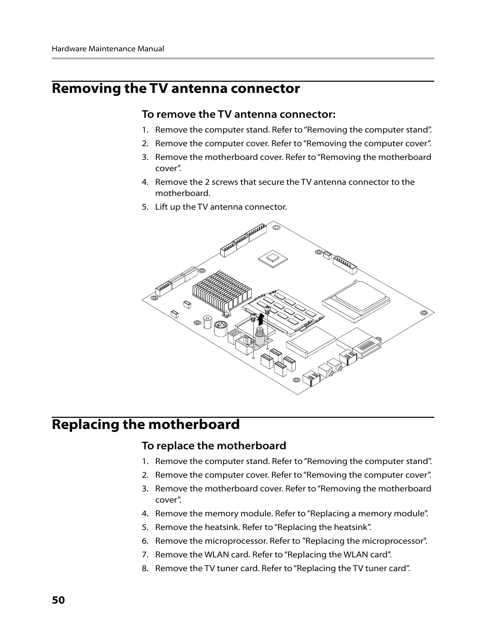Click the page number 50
point(58,600)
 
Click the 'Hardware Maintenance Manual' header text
point(108,49)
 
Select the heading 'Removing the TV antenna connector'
point(176,88)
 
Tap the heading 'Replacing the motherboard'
point(146,424)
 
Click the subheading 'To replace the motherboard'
point(214,446)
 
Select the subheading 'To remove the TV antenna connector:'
point(238,114)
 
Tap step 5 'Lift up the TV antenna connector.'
point(221,207)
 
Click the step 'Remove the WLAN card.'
point(273,554)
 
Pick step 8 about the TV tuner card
point(282,568)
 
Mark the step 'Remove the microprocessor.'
point(291,541)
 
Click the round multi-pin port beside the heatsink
point(220,328)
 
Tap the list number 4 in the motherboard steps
point(145,513)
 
